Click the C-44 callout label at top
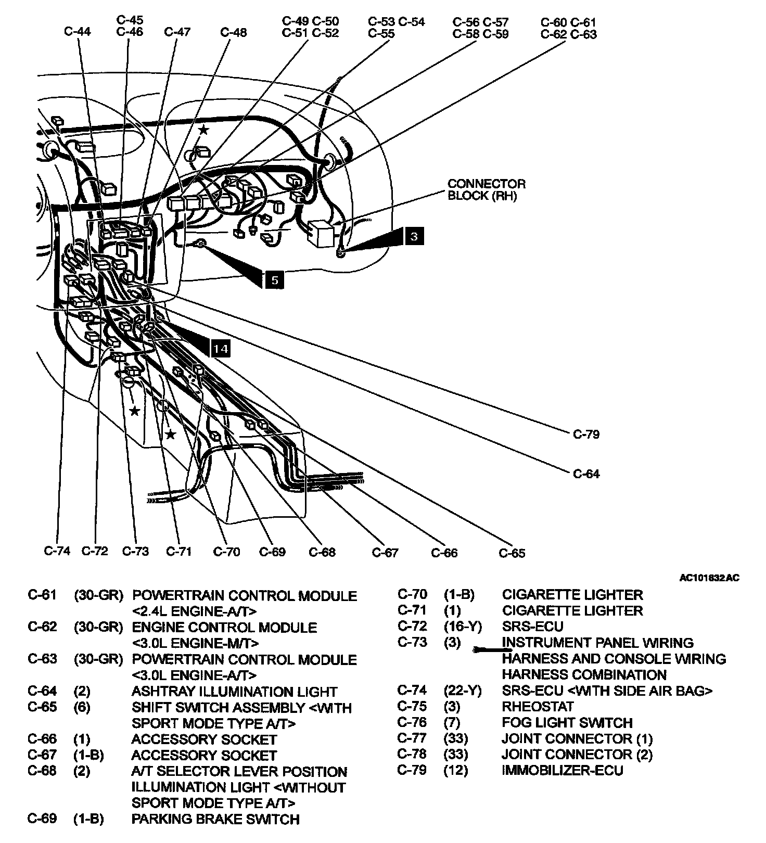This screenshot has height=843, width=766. (x=78, y=32)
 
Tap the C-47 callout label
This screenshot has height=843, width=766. (x=177, y=32)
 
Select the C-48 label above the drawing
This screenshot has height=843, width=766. (x=233, y=32)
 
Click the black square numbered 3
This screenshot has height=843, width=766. (x=414, y=237)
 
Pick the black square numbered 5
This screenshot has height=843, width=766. (x=274, y=280)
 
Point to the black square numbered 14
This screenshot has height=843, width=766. (x=221, y=348)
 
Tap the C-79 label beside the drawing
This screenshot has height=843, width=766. (x=586, y=434)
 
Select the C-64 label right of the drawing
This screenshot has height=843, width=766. (x=586, y=474)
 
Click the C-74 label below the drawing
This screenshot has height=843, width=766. (x=57, y=551)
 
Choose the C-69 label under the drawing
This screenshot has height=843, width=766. (x=272, y=552)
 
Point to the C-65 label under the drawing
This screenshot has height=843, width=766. (x=512, y=553)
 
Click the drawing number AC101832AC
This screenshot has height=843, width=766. (x=709, y=578)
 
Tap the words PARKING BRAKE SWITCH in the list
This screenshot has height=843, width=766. (x=215, y=819)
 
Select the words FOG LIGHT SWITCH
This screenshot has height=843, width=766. (x=567, y=723)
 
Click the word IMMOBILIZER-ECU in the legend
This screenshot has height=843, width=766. (x=562, y=770)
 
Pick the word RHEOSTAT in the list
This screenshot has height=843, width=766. (x=538, y=707)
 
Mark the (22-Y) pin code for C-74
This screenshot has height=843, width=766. (x=463, y=691)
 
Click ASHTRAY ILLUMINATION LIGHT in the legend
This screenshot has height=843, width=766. (x=234, y=692)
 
